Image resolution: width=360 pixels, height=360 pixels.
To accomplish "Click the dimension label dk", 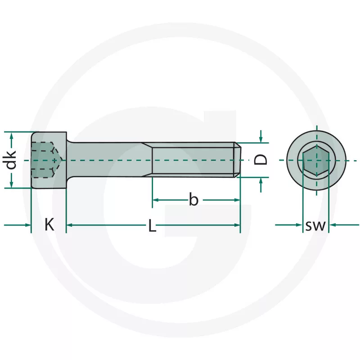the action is pyautogui.click(x=11, y=160).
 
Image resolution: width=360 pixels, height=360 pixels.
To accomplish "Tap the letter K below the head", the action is pyautogui.click(x=49, y=225).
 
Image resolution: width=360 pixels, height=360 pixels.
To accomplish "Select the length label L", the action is pyautogui.click(x=152, y=225).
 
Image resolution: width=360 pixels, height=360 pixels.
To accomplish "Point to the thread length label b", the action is pyautogui.click(x=193, y=199).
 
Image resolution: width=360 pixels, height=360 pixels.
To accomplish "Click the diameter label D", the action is pyautogui.click(x=261, y=160).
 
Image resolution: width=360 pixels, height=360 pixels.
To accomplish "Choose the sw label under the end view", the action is pyautogui.click(x=315, y=225).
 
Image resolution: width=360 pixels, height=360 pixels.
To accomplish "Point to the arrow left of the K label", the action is pyautogui.click(x=18, y=225).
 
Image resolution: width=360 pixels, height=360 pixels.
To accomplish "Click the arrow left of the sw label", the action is pyautogui.click(x=288, y=225).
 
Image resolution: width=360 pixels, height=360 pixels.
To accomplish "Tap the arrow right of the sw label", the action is pyautogui.click(x=344, y=225).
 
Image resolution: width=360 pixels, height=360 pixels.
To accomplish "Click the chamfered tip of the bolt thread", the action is pyautogui.click(x=237, y=160).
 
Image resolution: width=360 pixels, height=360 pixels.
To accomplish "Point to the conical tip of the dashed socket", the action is pyautogui.click(x=58, y=160).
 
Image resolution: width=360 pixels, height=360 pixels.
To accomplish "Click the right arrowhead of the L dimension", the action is pyautogui.click(x=237, y=225).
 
